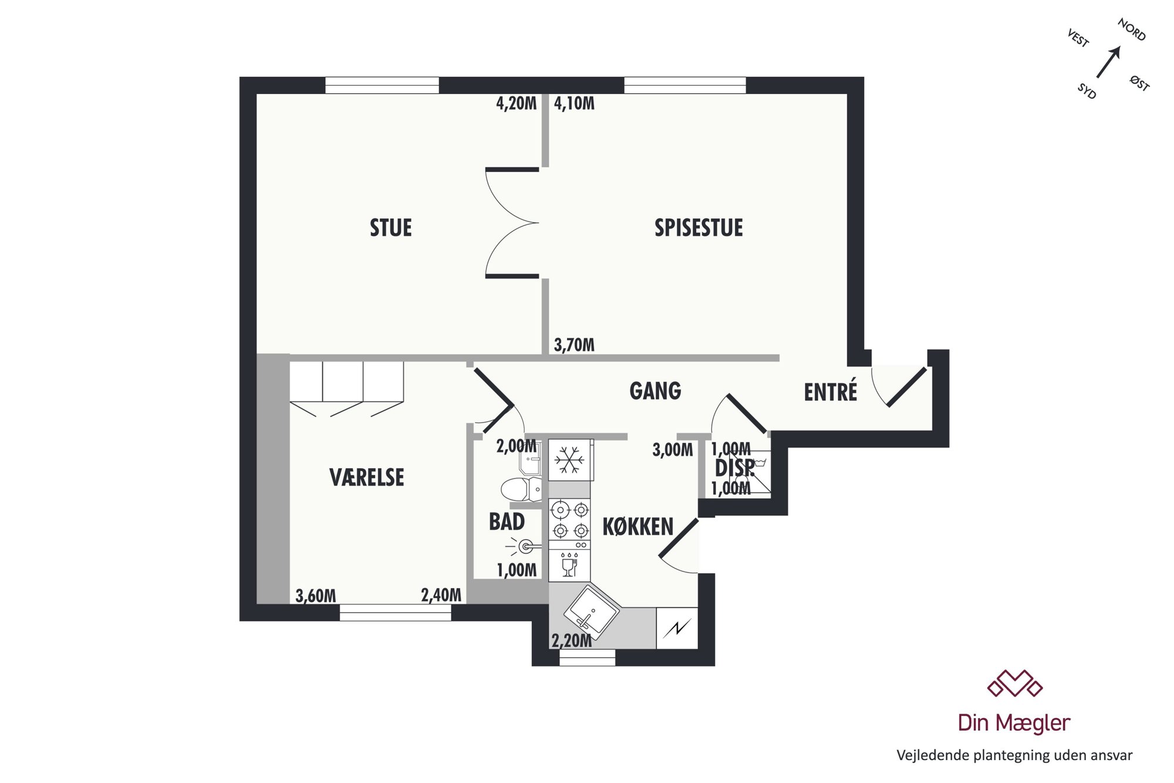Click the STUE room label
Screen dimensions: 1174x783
pos(391,228)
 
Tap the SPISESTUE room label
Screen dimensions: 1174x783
pos(699,228)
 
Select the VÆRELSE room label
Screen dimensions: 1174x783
pos(367,478)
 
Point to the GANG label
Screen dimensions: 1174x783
pos(655,391)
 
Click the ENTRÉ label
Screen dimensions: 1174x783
pos(831,391)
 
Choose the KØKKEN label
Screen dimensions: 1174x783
pos(638,527)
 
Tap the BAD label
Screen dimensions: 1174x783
pos(507,522)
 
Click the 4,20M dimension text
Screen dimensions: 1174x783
pos(517,103)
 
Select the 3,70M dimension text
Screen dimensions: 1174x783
pos(574,345)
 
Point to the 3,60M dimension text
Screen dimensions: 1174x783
pos(316,596)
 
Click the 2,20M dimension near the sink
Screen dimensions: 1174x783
pos(572,640)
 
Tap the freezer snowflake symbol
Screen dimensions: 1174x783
pos(569,459)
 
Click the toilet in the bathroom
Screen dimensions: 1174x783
pos(522,489)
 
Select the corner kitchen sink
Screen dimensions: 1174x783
pos(592,611)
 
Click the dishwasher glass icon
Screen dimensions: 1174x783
pos(569,565)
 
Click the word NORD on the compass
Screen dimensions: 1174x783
pos(1132,30)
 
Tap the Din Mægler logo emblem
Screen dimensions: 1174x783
pos(1014,683)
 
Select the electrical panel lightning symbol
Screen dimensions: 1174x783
pos(677,628)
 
